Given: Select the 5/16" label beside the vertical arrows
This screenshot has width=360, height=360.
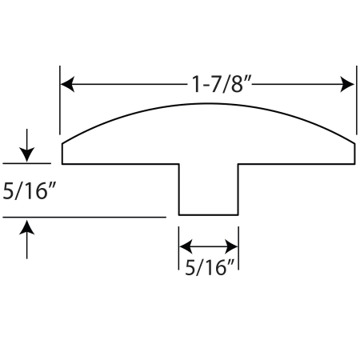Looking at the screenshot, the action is [29, 191].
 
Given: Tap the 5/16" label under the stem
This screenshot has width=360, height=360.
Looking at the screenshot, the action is [210, 267].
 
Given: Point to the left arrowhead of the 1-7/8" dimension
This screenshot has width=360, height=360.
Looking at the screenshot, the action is [67, 84].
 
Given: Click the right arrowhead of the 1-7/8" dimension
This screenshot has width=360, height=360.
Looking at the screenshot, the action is [347, 84].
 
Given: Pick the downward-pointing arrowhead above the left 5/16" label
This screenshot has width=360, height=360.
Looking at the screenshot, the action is [26, 154].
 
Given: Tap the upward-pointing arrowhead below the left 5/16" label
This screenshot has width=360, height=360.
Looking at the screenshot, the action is [26, 227].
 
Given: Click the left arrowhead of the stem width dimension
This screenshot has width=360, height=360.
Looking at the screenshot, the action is [186, 246].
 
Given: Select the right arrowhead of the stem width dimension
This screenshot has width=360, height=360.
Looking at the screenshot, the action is [231, 246].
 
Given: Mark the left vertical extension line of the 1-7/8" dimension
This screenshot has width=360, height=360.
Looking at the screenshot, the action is [60, 100].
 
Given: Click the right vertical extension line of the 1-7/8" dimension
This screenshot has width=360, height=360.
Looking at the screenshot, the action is [357, 100].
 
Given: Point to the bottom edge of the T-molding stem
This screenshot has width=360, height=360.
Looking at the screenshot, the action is [208, 214].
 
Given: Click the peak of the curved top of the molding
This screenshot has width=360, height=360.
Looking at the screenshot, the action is [208, 103].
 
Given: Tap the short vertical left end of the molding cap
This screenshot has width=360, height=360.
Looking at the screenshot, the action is [62, 154].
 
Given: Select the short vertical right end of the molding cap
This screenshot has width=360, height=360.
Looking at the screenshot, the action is [354, 154].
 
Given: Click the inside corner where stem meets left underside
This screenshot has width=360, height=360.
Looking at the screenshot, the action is [179, 164].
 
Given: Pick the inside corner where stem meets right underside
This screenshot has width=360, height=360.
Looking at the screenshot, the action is [238, 164].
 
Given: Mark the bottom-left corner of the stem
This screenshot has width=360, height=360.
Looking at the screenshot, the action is [179, 214].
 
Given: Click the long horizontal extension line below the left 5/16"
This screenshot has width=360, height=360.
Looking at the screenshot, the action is [84, 218].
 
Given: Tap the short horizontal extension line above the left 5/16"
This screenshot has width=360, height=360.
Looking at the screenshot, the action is [26, 163].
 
